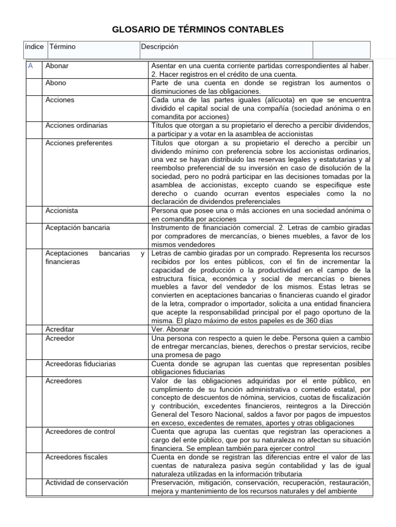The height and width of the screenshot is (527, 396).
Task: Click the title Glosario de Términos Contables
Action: (198, 30)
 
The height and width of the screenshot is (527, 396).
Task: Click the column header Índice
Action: (34, 47)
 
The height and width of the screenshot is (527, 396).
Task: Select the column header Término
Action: (62, 47)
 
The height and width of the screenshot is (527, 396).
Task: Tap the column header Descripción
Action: (160, 47)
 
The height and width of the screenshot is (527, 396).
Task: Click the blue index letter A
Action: (31, 66)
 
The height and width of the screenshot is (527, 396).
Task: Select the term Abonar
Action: (57, 66)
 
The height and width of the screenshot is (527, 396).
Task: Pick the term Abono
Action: (56, 82)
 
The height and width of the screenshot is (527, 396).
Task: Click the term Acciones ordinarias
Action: (76, 125)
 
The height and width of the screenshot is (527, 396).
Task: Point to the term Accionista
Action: (61, 210)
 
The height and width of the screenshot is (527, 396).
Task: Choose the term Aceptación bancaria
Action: (77, 227)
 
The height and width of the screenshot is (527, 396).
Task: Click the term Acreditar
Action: (60, 329)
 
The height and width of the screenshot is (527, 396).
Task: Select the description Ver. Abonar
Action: (171, 329)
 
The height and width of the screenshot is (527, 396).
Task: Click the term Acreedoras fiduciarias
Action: (80, 363)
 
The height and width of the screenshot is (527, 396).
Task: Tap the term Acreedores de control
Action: (80, 431)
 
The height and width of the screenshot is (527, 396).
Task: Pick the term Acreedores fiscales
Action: (76, 456)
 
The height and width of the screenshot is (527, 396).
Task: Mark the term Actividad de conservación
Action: (87, 482)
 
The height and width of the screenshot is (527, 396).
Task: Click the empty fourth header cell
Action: (341, 49)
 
